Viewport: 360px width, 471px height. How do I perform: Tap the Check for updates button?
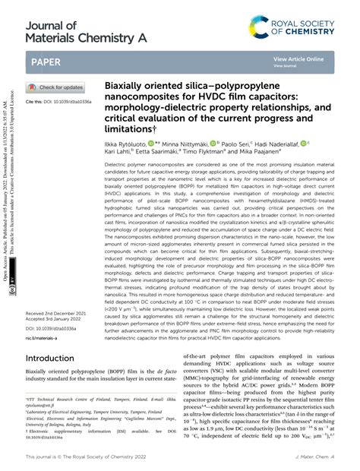tap(57, 87)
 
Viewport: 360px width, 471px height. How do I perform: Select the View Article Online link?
tap(298, 57)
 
